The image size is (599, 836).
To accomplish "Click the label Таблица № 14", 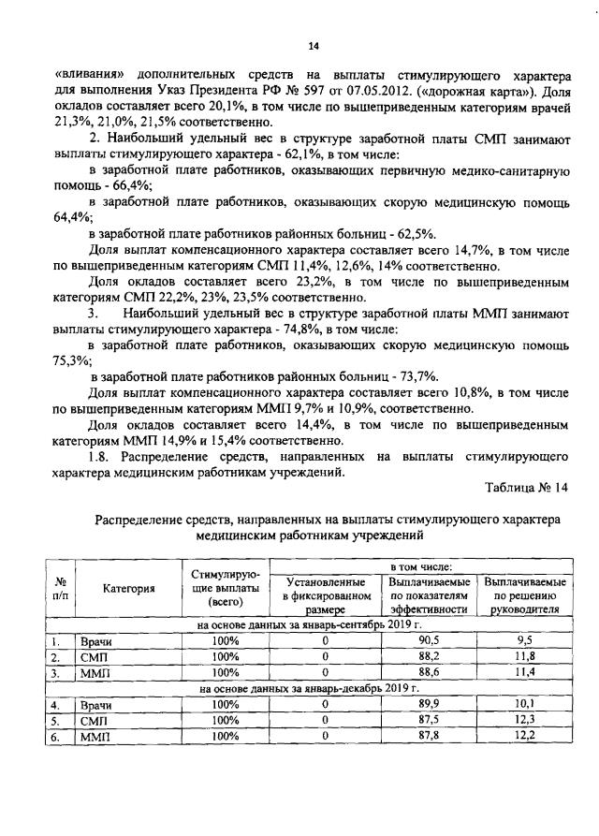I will [527, 488].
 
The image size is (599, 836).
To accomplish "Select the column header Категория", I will [128, 588].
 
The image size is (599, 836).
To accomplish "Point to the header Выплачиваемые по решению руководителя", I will [525, 595].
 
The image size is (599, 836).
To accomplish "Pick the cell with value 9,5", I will [525, 640].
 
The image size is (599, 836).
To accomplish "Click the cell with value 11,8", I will [525, 656].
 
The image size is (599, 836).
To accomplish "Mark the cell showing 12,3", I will [525, 720].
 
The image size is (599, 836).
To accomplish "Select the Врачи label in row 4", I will [96, 704].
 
